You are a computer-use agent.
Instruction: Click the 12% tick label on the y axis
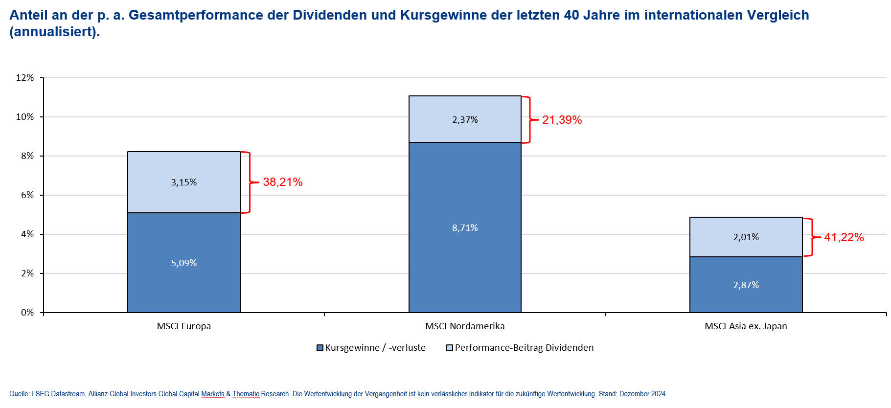click(25, 78)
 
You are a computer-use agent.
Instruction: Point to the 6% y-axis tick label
click(27, 195)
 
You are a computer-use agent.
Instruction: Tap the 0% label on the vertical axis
click(27, 313)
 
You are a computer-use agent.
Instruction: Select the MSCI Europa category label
click(183, 326)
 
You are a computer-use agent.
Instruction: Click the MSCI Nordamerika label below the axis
click(465, 326)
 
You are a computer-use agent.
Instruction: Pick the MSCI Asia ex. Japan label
click(746, 326)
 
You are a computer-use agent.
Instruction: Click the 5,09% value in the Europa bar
click(183, 263)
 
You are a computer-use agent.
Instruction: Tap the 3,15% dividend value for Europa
click(183, 182)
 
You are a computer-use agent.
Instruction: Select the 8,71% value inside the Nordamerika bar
click(465, 228)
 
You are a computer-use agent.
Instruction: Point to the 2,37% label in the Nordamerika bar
click(465, 120)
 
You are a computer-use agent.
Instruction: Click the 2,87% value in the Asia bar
click(746, 285)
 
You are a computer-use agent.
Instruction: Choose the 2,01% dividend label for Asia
click(746, 237)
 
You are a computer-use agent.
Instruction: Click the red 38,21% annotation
click(282, 182)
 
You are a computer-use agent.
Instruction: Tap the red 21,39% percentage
click(562, 120)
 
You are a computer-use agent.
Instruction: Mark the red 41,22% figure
click(844, 237)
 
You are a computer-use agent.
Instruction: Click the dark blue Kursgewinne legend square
click(320, 348)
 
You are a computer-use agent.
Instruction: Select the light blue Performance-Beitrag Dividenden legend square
click(450, 348)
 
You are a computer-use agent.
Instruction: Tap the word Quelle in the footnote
click(19, 394)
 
